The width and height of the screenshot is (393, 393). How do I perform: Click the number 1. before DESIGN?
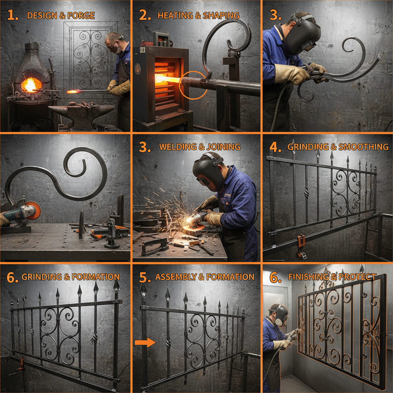click(12, 16)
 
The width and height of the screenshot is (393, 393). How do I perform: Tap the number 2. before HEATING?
click(145, 16)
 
